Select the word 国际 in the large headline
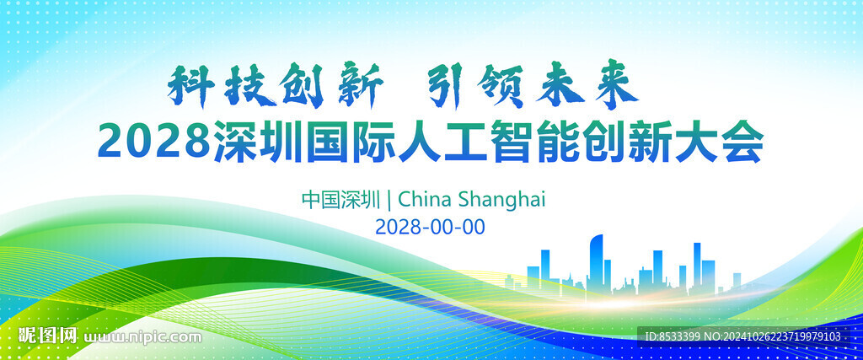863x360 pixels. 353,142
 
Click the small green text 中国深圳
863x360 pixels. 341,199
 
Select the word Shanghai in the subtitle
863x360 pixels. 501,200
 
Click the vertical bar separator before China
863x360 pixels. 389,199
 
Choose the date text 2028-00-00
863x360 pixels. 430,226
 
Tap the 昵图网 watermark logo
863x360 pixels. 48,336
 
